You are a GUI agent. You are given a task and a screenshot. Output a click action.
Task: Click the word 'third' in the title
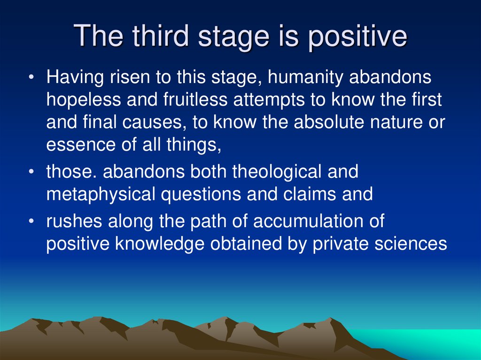pyautogui.click(x=152, y=36)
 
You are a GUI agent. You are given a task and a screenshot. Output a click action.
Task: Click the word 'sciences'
pyautogui.click(x=412, y=244)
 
